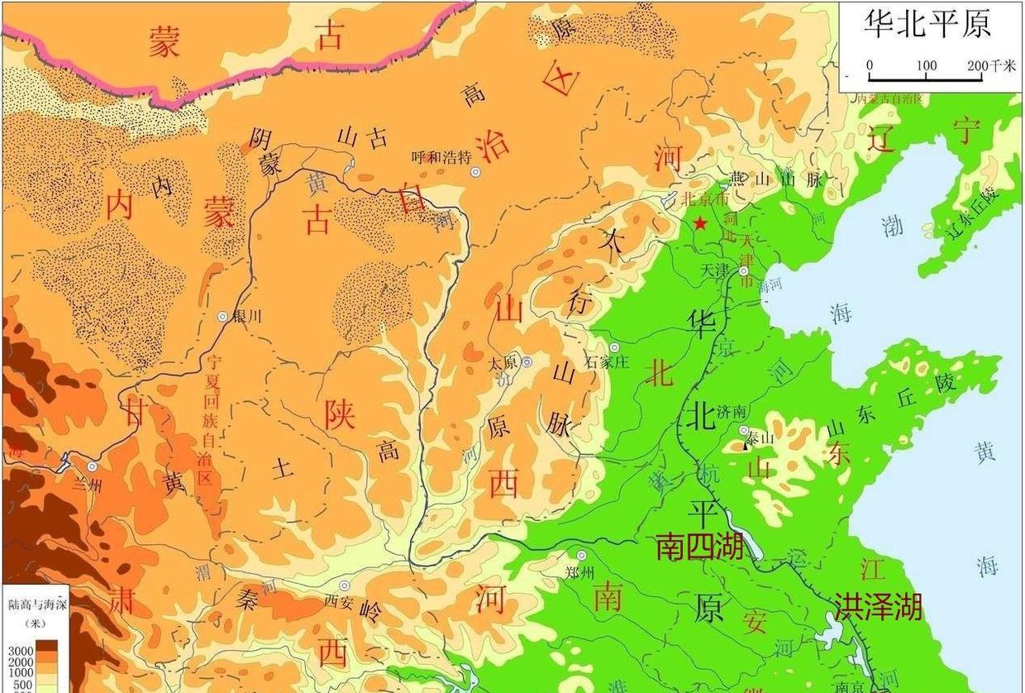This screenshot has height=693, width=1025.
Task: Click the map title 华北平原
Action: click(927, 24)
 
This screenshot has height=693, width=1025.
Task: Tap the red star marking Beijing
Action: click(701, 223)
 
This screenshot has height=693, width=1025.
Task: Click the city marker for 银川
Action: click(222, 317)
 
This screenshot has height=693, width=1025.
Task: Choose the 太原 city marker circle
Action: click(527, 362)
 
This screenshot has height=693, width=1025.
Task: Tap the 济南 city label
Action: click(732, 412)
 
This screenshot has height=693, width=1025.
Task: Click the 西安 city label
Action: click(340, 601)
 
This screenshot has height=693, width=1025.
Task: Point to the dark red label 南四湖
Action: click(699, 547)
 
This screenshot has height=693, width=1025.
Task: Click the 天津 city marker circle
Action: click(743, 271)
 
